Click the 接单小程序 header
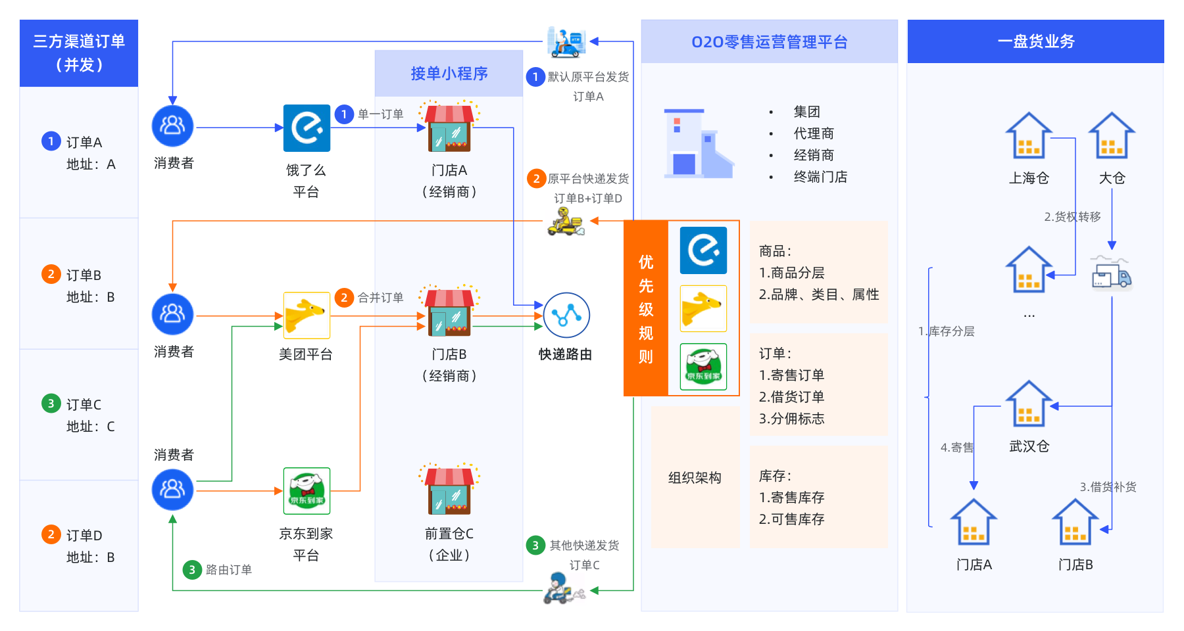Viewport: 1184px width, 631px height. (449, 74)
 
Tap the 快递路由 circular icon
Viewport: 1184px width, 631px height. (566, 315)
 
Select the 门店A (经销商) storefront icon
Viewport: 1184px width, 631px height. (449, 128)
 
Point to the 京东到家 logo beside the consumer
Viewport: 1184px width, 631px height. (307, 490)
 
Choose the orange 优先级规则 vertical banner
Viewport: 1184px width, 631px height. (646, 309)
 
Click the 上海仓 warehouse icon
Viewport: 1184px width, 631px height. (1028, 136)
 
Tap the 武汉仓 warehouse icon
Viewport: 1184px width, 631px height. (1028, 404)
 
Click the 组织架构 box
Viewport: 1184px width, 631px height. (695, 478)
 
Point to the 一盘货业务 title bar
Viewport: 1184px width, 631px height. (1035, 41)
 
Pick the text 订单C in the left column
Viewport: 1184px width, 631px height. (84, 405)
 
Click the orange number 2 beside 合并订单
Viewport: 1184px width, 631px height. (344, 298)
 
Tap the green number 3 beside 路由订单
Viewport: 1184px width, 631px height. (191, 570)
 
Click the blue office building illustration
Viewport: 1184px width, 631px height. (697, 145)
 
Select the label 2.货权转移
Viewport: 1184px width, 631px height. (1072, 217)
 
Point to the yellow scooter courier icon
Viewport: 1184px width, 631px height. (566, 222)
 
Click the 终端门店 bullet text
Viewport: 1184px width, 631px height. (820, 177)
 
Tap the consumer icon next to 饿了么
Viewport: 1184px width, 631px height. (172, 126)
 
